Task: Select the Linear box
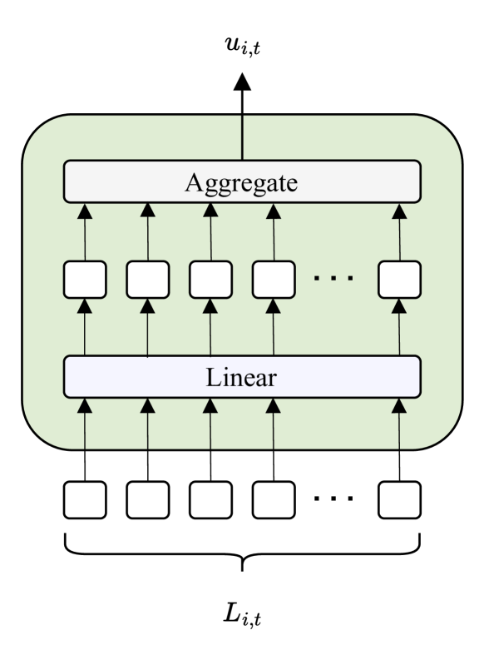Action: click(241, 377)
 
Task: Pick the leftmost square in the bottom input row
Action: click(85, 499)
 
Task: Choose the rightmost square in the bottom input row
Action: click(399, 499)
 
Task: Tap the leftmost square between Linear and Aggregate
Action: click(85, 280)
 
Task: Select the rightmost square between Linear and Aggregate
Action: click(399, 280)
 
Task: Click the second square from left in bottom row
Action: click(148, 499)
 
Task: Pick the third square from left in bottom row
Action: click(210, 499)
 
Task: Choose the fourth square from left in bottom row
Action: click(274, 499)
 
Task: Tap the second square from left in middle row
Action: click(148, 280)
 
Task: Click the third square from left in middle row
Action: click(210, 280)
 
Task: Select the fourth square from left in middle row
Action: click(274, 280)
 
